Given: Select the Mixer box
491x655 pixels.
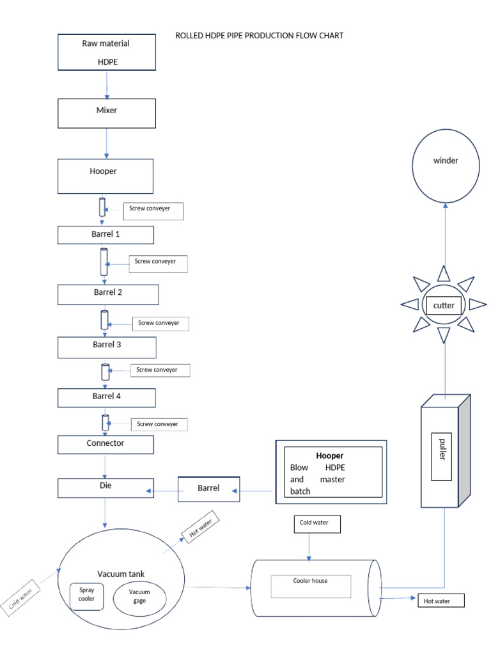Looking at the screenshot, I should click(x=107, y=113).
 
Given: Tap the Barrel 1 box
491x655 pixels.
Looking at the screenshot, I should click(x=105, y=235).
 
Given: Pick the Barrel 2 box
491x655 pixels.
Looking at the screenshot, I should click(x=107, y=294).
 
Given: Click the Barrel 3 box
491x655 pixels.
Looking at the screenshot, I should click(x=107, y=347).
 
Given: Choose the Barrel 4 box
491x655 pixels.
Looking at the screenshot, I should click(x=105, y=397).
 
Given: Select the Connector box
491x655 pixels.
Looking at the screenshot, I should click(x=105, y=444).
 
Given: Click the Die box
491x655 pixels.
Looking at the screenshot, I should click(x=105, y=488).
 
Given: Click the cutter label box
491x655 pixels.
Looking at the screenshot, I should click(x=444, y=305).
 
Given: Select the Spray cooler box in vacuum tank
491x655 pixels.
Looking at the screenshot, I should click(x=86, y=596).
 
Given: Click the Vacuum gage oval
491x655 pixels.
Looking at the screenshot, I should click(x=139, y=597).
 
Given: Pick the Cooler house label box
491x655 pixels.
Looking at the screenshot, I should click(x=311, y=586).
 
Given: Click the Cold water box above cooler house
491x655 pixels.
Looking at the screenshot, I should click(x=317, y=524).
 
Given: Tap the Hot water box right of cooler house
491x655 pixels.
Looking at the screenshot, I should click(x=440, y=601).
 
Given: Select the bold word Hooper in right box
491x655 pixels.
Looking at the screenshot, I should click(x=330, y=456).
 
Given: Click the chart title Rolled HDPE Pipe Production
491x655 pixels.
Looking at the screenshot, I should click(x=259, y=36).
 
